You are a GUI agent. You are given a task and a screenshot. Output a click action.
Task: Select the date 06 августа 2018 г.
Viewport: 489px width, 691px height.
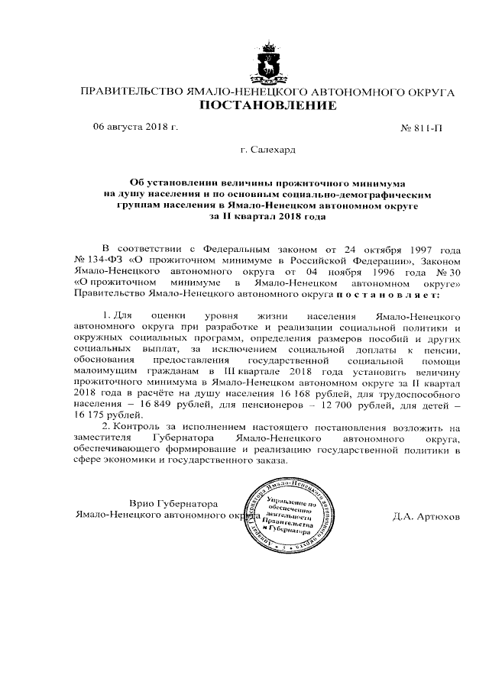135,126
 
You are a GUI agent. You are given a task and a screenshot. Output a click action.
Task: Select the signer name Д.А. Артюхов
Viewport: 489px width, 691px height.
426,515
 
